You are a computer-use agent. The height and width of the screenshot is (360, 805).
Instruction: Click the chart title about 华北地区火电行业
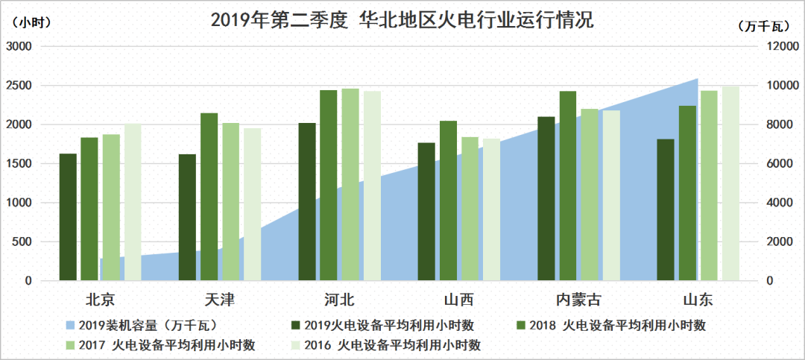coord(402,20)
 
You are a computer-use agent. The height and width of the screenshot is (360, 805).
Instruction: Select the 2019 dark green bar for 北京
coord(68,217)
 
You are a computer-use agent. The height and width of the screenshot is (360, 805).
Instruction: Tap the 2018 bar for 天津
coord(209,197)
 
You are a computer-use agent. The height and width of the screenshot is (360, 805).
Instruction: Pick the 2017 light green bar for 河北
coord(350,185)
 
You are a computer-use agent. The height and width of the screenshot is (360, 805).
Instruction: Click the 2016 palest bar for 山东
coord(730,183)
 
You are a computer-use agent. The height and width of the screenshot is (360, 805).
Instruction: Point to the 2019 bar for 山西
coord(426,212)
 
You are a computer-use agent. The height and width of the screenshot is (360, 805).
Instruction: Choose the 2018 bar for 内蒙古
coord(568,186)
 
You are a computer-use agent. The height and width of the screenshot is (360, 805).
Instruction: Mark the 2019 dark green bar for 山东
coord(666,209)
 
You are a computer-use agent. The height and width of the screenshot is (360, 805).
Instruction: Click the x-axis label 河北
coord(339,300)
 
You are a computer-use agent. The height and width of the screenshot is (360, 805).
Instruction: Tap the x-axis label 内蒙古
coord(579,300)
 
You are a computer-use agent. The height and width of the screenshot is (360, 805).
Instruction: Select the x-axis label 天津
coord(219,300)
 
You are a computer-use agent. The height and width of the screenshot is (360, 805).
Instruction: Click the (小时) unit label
coord(30,22)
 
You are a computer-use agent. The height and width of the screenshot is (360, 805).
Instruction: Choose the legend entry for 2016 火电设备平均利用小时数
coord(402,345)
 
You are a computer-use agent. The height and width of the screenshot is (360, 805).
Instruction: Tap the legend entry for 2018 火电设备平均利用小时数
coord(611,325)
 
